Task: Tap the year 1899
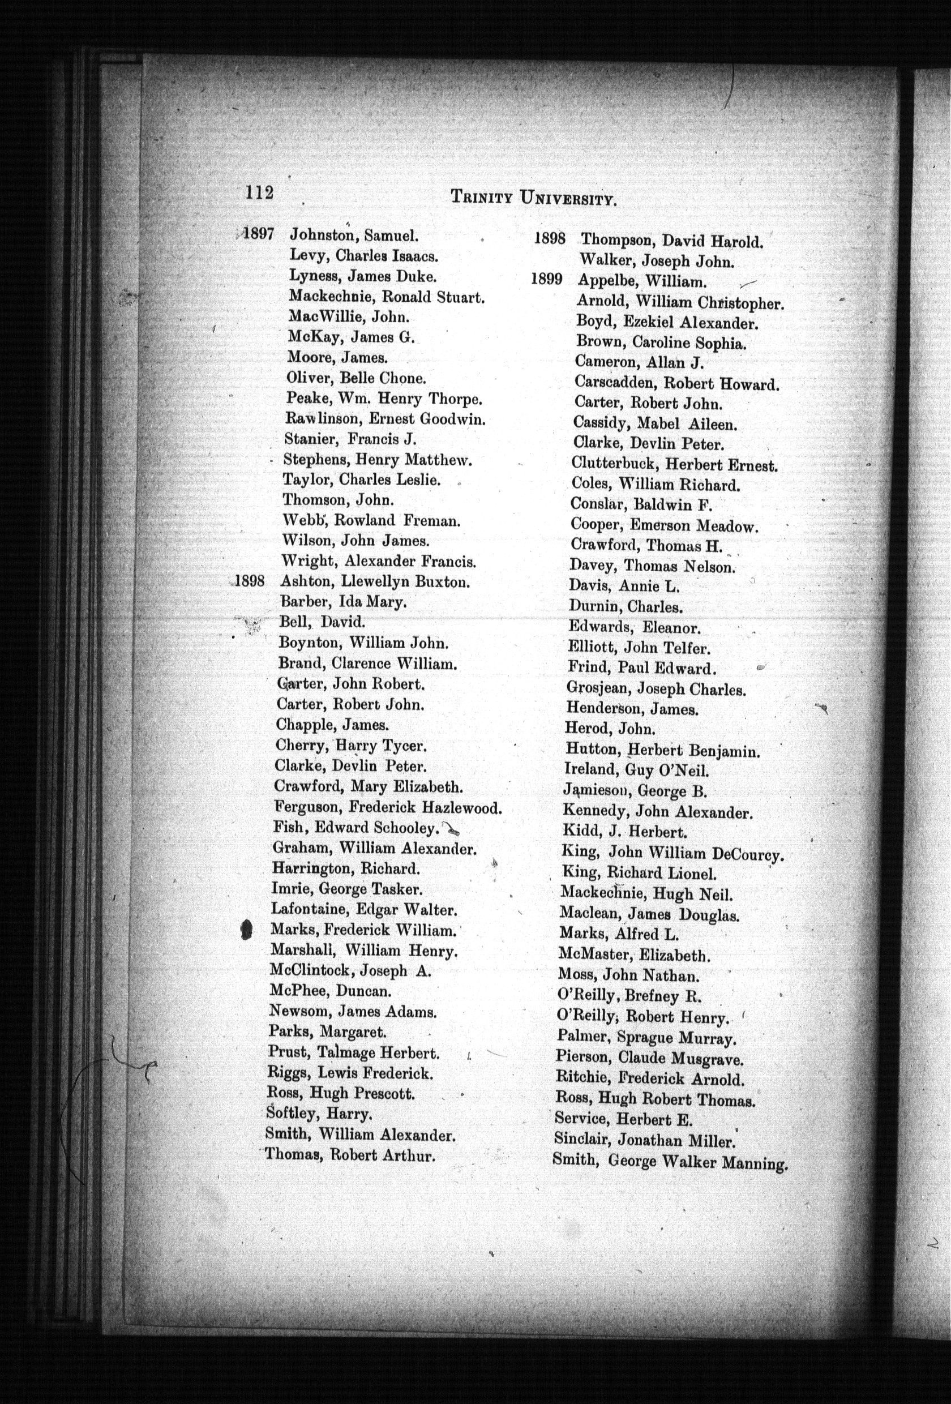(547, 279)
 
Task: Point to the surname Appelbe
(604, 280)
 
